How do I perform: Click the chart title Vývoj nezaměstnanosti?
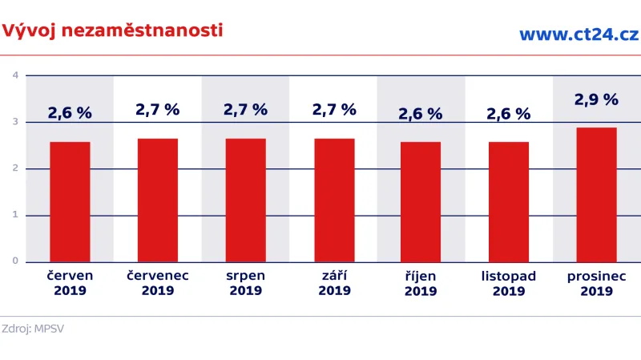(x=112, y=31)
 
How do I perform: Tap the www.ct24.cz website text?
(x=578, y=34)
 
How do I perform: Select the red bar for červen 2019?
(x=70, y=201)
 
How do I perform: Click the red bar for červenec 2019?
(x=158, y=200)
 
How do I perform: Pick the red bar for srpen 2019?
(x=246, y=200)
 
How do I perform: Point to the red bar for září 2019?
(x=334, y=200)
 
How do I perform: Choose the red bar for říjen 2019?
(x=421, y=201)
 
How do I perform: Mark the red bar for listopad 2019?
(x=509, y=201)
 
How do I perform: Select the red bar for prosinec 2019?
(x=596, y=194)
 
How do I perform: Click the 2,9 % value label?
(x=596, y=100)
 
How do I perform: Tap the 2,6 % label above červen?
(x=70, y=113)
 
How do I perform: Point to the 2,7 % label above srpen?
(x=246, y=110)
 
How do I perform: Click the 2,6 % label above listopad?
(x=509, y=114)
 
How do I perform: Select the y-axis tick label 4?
(x=15, y=75)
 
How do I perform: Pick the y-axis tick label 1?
(x=15, y=215)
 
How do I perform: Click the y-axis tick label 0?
(x=15, y=261)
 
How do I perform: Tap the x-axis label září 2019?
(x=334, y=283)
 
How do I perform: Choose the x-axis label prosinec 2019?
(x=596, y=283)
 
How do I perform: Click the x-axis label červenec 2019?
(x=158, y=283)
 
